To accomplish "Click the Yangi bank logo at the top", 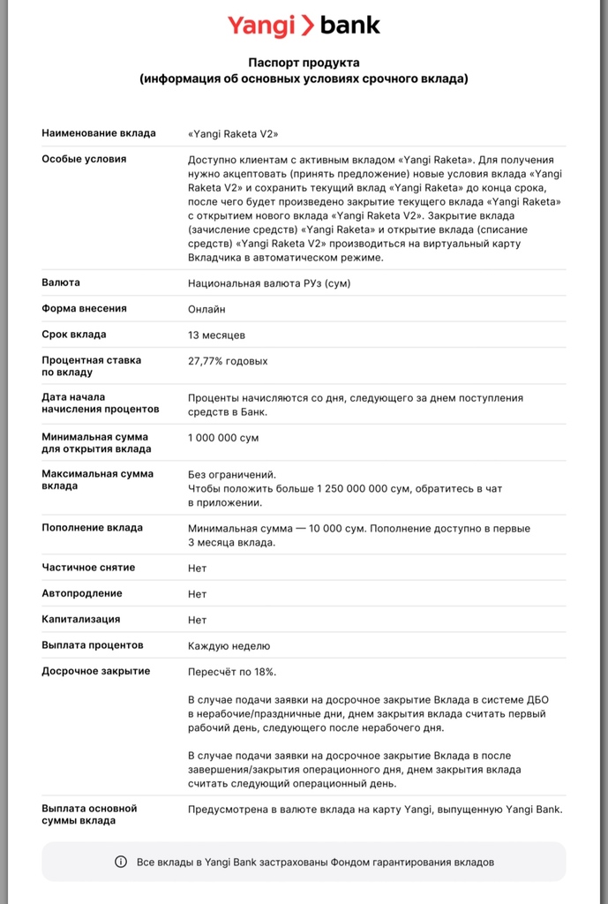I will point(304,26).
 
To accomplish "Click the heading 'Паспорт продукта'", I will point(304,64).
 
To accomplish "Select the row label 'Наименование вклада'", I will point(99,133).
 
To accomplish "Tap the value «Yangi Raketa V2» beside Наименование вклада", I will point(233,133).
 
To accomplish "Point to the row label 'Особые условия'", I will point(84,160).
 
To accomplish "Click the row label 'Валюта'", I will point(61,282).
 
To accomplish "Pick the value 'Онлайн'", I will point(206,309).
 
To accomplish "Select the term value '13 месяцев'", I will point(217,335).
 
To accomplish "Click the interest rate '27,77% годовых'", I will point(228,361).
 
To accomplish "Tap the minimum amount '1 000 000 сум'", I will point(223,438).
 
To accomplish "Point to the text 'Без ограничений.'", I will point(232,474).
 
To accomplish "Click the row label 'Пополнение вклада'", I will point(92,528).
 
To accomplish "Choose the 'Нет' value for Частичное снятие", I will point(197,568).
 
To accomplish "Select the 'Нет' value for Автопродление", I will point(197,594).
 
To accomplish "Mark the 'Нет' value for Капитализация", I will point(197,620).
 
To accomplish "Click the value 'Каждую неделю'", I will point(229,646).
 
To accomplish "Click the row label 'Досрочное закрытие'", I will point(96,672).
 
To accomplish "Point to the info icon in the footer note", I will point(121,862).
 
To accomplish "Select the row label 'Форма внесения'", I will point(84,309).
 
